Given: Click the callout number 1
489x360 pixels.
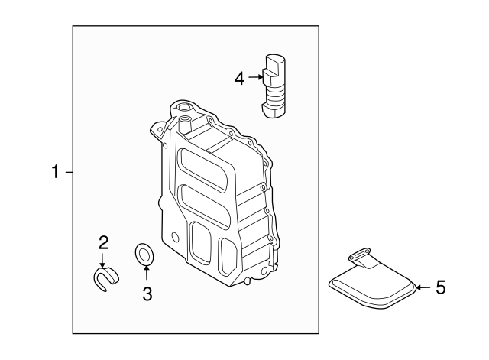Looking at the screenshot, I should point(55,173).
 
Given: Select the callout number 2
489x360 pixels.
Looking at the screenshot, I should point(103,243).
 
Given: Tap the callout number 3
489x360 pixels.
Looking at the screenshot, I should point(147,293).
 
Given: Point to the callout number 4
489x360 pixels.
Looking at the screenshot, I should point(240,78).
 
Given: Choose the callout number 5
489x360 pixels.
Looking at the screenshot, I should point(439,287).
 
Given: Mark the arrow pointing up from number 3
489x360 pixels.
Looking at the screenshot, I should point(147,274).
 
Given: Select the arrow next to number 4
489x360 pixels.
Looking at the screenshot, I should point(256,78).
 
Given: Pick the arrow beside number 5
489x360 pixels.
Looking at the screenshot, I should point(423,287).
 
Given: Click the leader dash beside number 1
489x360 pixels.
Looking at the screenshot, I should point(68,173).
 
